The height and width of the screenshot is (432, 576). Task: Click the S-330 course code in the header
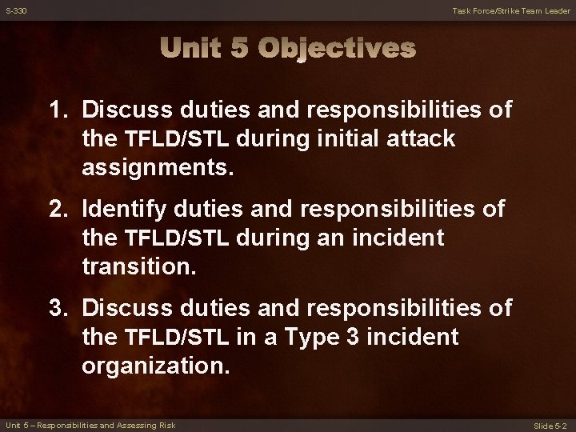[16, 10]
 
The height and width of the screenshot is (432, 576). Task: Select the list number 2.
[57, 209]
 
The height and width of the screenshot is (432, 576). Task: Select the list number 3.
[57, 308]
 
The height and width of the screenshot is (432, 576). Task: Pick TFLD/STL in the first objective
[178, 139]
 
